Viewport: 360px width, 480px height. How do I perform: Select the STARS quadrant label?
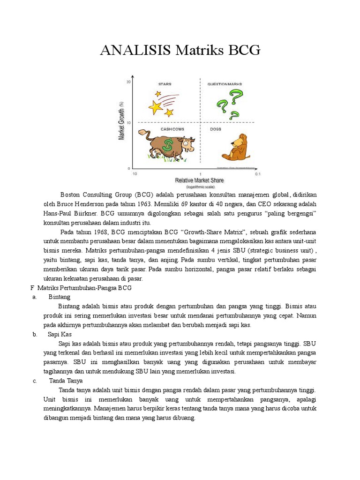tap(165, 84)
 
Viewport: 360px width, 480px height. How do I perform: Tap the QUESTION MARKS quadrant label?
tap(225, 84)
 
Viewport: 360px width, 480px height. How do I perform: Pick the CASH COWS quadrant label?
tap(172, 129)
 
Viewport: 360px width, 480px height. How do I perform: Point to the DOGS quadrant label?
tap(216, 129)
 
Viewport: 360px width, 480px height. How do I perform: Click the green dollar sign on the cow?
tap(167, 147)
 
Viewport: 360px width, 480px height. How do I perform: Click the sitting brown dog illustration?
tap(236, 147)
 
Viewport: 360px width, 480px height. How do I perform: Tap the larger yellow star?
tap(156, 107)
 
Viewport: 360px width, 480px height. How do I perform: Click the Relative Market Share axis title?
tap(199, 180)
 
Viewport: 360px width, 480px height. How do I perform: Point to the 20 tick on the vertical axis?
tap(128, 82)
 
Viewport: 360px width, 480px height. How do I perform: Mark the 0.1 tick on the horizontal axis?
tap(257, 174)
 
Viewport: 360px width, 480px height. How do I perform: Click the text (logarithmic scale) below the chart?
tap(200, 187)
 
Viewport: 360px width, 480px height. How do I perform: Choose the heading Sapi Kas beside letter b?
tap(60, 334)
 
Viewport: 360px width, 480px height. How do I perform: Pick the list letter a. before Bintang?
tap(35, 297)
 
